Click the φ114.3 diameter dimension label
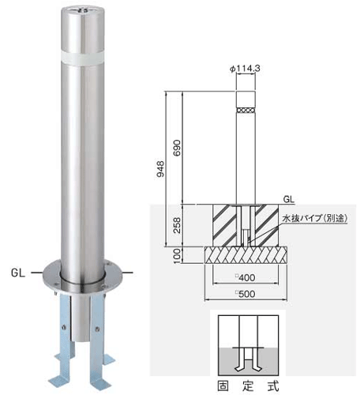pyautogui.click(x=245, y=69)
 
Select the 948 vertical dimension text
pyautogui.click(x=160, y=169)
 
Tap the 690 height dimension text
pyautogui.click(x=178, y=148)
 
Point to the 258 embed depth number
pyautogui.click(x=178, y=225)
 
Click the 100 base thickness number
pyautogui.click(x=178, y=255)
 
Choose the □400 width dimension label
pyautogui.click(x=246, y=277)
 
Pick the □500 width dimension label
pyautogui.click(x=246, y=294)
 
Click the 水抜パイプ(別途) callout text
pyautogui.click(x=315, y=218)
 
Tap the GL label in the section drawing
pyautogui.click(x=289, y=199)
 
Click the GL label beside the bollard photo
pyautogui.click(x=18, y=273)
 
